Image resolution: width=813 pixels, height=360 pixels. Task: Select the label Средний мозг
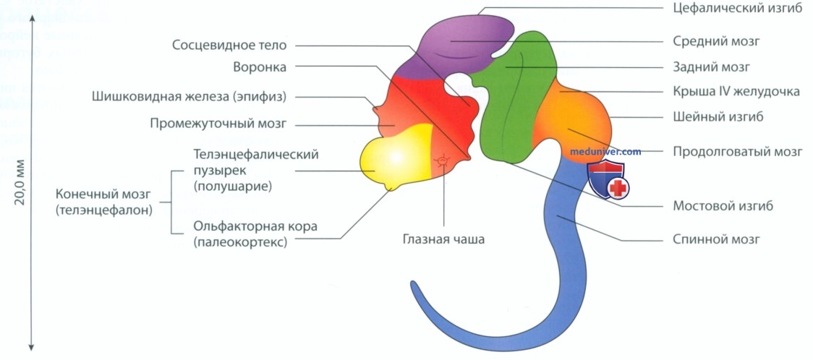(x=717, y=40)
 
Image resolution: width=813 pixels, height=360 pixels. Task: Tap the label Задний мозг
(x=712, y=67)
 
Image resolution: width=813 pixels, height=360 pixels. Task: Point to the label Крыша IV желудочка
(x=736, y=93)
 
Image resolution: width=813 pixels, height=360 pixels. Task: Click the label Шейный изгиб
(x=718, y=117)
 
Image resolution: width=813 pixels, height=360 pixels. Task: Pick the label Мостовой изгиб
(x=723, y=205)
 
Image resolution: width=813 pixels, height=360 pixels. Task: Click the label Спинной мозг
(x=717, y=239)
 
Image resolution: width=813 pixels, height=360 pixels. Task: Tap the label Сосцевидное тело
(x=230, y=45)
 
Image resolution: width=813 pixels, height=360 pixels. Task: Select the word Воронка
(x=260, y=67)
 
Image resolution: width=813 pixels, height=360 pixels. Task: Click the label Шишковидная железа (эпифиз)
(x=190, y=96)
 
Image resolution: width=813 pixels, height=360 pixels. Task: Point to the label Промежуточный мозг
(x=218, y=124)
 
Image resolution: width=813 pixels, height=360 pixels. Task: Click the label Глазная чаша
(x=443, y=239)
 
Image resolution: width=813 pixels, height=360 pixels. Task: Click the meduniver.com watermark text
(x=605, y=152)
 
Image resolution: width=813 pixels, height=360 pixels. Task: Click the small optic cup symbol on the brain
(x=442, y=162)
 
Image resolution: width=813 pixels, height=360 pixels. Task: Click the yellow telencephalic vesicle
(x=396, y=156)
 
